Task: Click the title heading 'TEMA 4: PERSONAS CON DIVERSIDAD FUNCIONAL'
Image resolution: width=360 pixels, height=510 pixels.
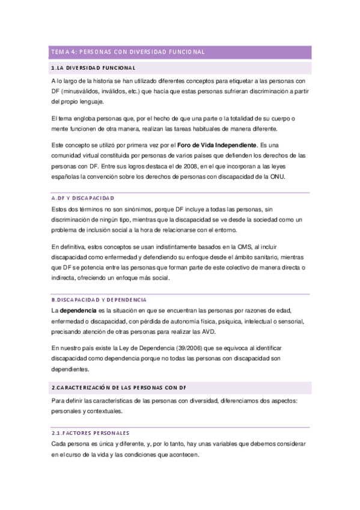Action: pyautogui.click(x=128, y=52)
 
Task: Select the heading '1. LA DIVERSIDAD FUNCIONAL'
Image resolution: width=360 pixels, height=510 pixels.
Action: pyautogui.click(x=94, y=67)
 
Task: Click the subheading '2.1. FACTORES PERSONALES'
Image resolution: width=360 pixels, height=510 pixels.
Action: pyautogui.click(x=90, y=433)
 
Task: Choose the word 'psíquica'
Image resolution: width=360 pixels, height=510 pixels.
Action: pyautogui.click(x=216, y=321)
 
